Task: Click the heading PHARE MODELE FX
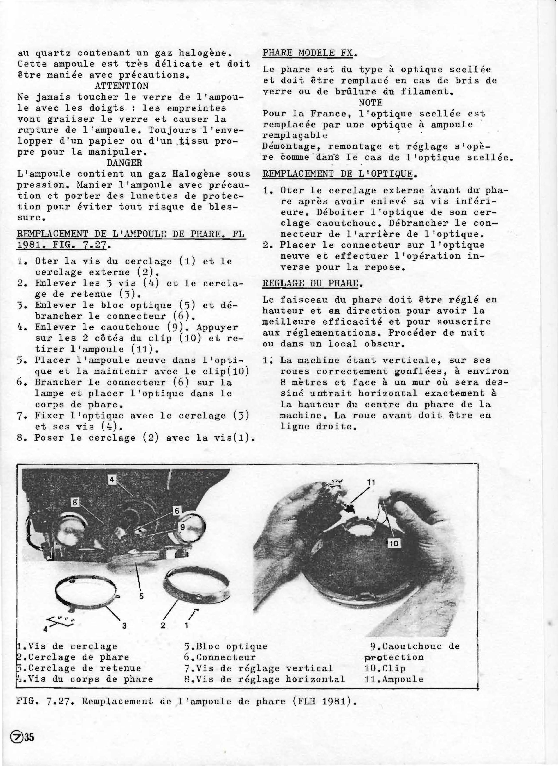(307, 53)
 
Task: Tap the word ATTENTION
(122, 86)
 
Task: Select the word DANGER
(124, 162)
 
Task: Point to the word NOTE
(371, 103)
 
